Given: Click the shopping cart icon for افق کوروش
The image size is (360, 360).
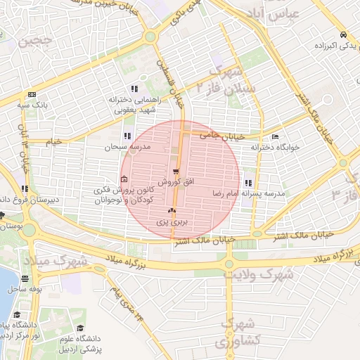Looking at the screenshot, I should click(176, 171).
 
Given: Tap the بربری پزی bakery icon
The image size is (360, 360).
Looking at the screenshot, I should click(172, 210).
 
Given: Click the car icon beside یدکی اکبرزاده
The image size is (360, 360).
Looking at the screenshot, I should click(342, 35).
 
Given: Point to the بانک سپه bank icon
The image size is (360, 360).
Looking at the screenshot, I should click(31, 95).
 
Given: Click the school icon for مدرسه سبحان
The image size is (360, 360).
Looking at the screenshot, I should click(127, 136).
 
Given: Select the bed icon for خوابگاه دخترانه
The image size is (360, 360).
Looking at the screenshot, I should click(274, 136).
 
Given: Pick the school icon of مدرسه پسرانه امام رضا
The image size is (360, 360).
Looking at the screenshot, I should click(248, 182).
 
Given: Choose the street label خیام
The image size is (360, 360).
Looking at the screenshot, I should click(53, 141).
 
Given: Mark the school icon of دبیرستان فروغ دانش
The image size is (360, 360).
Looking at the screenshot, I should click(25, 188).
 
